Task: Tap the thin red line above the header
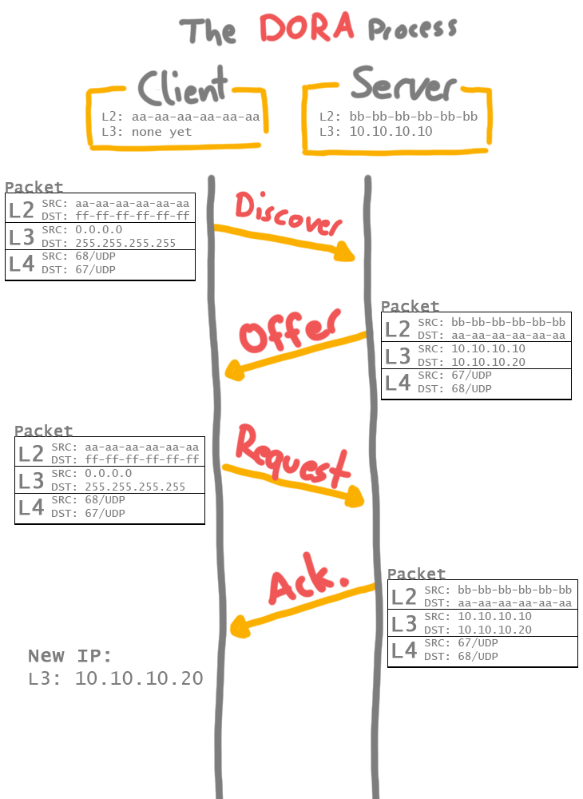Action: coord(291,14)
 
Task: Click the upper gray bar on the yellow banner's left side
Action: coord(182,117)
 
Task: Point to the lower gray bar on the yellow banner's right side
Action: coord(403,130)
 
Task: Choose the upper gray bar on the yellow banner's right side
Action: coord(403,117)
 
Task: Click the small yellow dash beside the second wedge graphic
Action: coord(376,332)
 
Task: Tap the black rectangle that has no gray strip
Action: coord(104,356)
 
